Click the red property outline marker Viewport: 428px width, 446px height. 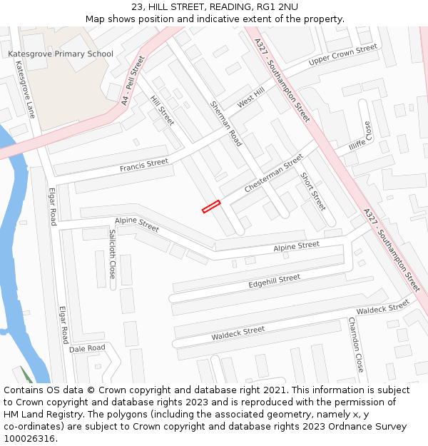211,206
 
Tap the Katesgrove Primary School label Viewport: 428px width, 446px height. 61,54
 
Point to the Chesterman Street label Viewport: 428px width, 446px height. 273,173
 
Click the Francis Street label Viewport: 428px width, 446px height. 144,166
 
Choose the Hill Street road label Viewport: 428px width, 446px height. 163,111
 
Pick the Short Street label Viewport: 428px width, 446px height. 312,191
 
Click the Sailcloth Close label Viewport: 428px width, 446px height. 113,253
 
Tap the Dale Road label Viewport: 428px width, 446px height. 87,348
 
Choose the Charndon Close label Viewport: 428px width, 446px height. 356,345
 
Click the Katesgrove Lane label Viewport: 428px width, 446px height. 25,89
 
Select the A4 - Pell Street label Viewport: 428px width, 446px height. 128,82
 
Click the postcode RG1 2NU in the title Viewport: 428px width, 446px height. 279,6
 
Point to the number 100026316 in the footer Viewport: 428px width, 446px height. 29,438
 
